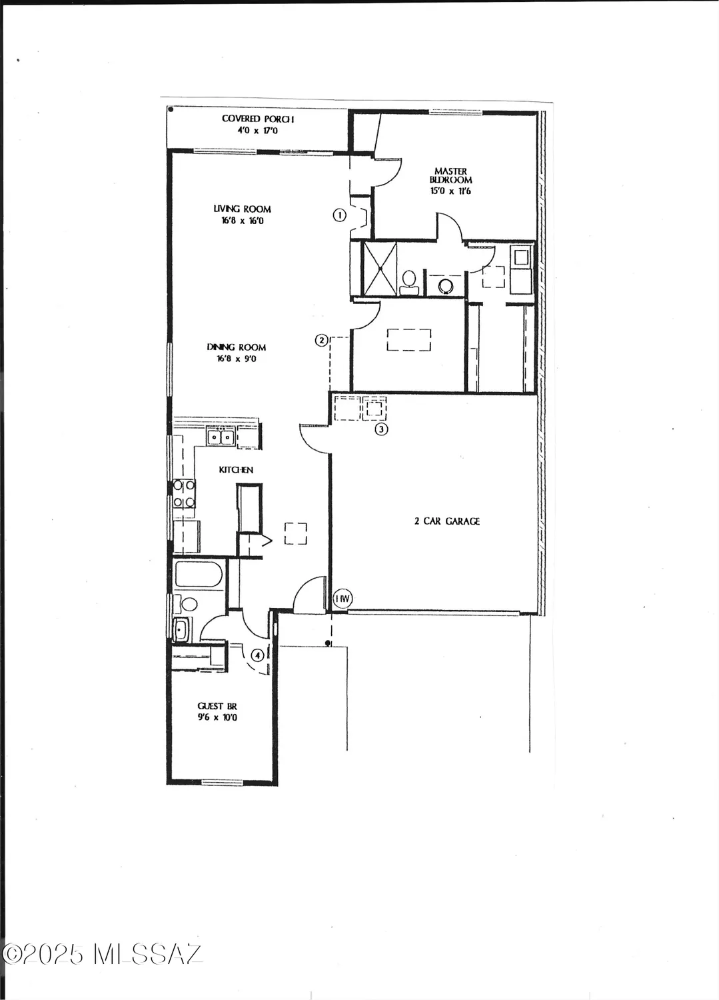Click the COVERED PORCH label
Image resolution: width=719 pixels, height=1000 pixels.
pos(257,119)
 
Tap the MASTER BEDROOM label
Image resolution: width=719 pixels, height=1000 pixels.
pos(451,175)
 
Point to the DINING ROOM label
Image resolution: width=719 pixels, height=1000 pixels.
pos(236,347)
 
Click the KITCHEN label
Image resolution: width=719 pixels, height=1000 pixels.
pos(236,470)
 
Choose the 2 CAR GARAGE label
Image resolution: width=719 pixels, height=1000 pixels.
pos(446,521)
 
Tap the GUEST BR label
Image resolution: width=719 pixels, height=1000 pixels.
pos(217,706)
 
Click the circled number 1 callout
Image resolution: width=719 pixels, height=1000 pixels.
pos(340,215)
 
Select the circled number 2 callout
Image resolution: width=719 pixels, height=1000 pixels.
pos(321,340)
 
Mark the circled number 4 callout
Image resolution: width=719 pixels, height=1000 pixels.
pos(257,655)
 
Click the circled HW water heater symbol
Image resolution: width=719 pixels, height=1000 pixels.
pos(341,599)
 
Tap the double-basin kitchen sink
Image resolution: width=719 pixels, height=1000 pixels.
pos(221,438)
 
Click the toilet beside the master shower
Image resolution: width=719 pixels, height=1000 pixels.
pos(410,281)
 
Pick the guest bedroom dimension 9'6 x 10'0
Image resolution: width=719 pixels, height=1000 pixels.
pos(217,718)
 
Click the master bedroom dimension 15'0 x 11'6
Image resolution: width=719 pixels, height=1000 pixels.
pos(451,191)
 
